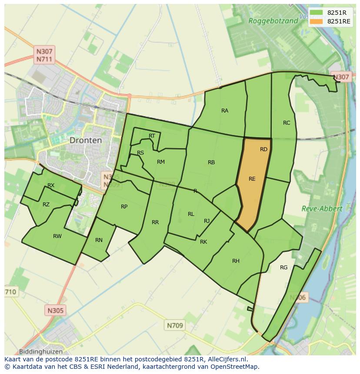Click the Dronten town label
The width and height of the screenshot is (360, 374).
pos(86,140)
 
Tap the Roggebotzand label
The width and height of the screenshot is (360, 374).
pos(273,20)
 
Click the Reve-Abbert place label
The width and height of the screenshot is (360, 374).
pos(322,209)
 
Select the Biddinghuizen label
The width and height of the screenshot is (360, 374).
pos(41,351)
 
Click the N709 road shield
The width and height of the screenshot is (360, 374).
pos(175,325)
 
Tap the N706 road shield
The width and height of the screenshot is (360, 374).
pos(298,298)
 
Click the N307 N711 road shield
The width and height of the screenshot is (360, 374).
pos(44,55)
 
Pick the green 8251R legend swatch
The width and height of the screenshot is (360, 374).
pos(316,13)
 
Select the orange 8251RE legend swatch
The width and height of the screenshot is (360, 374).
pos(316,21)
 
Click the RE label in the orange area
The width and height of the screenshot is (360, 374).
pos(252,179)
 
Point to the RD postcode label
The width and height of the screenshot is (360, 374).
pos(263,149)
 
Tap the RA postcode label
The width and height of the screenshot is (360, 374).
pos(225,111)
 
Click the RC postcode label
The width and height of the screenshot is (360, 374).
pos(287,123)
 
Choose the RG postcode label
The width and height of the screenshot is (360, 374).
pos(284,268)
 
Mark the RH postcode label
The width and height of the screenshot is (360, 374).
pos(236,261)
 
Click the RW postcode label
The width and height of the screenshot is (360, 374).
pos(57,236)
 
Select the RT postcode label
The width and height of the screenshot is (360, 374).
pos(152,136)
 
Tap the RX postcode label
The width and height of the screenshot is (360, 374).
pos(51,185)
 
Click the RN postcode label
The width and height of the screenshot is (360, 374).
pos(99,240)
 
